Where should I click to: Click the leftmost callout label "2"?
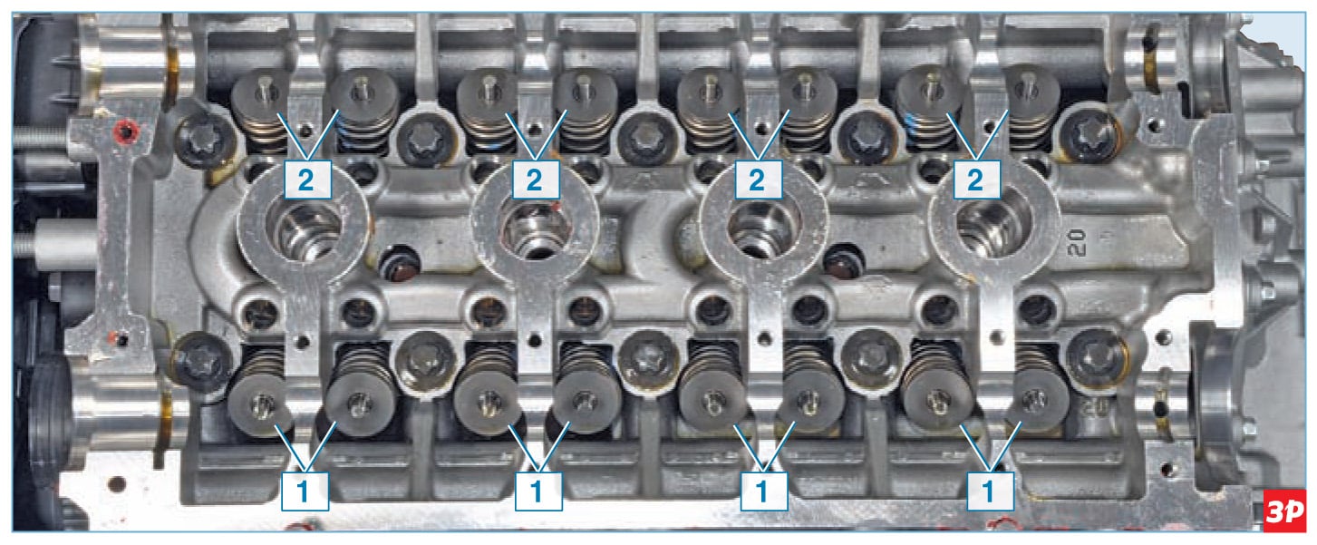[307, 180]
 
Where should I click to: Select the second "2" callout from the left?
[535, 180]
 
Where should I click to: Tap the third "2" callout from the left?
[759, 180]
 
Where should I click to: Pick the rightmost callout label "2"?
[976, 180]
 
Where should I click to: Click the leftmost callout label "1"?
[305, 491]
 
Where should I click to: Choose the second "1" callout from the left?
[538, 491]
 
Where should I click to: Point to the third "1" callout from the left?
[764, 491]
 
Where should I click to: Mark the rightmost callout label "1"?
[990, 491]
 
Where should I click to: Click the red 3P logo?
[1284, 511]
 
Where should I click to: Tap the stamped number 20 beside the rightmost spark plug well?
[1078, 242]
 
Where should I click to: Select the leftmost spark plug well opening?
[304, 229]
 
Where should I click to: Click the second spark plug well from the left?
[535, 229]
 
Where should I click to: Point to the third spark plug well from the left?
[763, 229]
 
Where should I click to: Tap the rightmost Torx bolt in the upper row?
[1089, 136]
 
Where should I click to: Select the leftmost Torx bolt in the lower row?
[200, 360]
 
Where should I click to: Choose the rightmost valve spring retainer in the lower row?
[1037, 402]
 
